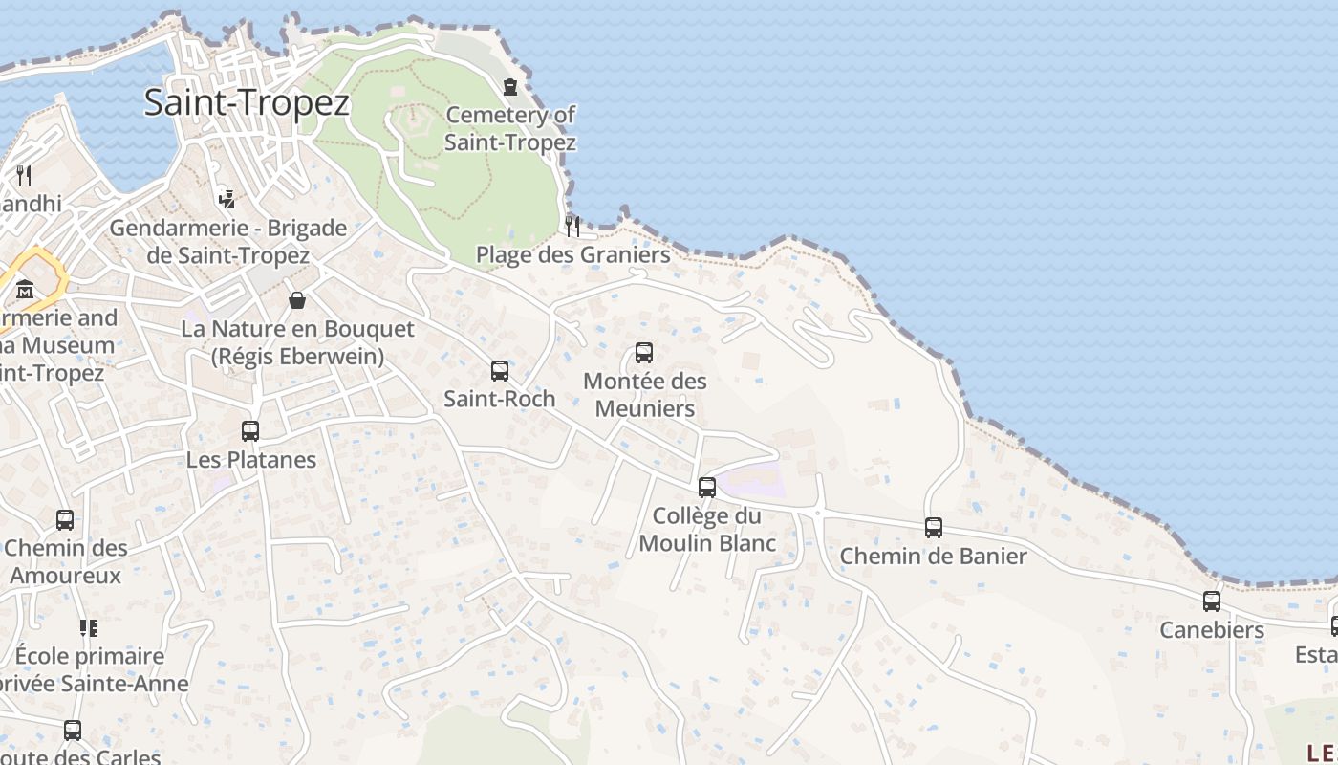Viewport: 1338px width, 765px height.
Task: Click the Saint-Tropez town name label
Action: [x=247, y=102]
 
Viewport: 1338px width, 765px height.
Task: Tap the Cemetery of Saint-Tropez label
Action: [x=510, y=129]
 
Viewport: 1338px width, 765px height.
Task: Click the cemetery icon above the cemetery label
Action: [x=510, y=87]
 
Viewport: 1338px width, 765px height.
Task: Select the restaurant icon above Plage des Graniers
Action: [x=572, y=226]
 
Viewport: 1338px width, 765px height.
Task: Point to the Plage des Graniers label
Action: [x=572, y=255]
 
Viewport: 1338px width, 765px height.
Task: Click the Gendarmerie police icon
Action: [x=227, y=199]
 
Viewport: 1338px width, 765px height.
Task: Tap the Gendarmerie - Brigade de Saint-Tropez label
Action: [x=227, y=242]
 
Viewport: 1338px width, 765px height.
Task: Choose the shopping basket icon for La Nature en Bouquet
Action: [x=297, y=300]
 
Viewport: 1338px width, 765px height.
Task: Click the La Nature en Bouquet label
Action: [x=298, y=342]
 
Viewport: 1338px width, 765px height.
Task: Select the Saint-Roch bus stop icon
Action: [x=499, y=371]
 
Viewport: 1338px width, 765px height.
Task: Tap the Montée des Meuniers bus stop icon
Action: [x=644, y=353]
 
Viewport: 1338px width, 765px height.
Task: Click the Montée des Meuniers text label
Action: [x=645, y=395]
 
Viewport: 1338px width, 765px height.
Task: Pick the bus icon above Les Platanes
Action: [x=250, y=431]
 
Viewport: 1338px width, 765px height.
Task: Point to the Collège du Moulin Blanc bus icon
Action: [x=707, y=488]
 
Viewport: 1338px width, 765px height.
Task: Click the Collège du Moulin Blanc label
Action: [x=707, y=530]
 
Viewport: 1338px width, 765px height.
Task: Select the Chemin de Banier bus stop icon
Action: [x=934, y=528]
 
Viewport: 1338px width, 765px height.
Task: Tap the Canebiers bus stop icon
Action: [x=1212, y=601]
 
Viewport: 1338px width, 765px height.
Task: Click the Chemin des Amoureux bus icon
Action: [x=65, y=520]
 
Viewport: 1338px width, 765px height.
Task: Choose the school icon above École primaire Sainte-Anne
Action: [x=89, y=628]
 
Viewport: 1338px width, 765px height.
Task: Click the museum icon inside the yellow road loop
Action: [x=25, y=288]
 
